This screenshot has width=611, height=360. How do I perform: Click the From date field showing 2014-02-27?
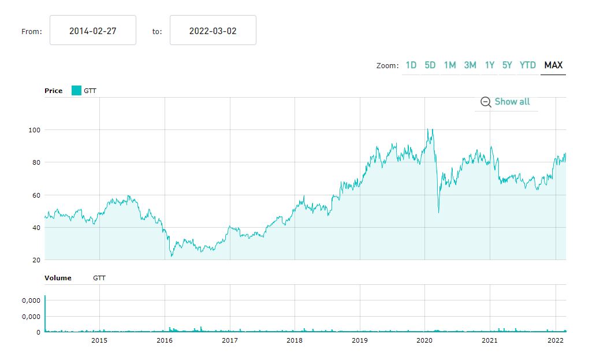point(93,31)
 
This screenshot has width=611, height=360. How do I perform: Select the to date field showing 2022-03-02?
point(213,31)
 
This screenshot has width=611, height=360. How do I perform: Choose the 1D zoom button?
point(411,65)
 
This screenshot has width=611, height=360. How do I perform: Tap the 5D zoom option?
point(430,65)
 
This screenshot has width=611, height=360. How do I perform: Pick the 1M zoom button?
point(450,65)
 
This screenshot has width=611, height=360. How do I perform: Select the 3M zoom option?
point(470,65)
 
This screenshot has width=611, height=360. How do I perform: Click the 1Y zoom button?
point(490,65)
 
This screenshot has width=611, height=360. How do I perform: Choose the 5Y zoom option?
point(507,65)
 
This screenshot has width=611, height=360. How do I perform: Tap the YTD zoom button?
point(528,65)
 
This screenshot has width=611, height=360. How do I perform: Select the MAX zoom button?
point(553,65)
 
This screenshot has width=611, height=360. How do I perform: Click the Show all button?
point(505,102)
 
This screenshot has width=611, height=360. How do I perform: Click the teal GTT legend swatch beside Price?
point(76,91)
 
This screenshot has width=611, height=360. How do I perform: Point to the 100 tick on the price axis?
point(34,130)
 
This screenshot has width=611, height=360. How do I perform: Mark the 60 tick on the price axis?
point(36,195)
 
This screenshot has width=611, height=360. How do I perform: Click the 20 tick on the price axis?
point(36,260)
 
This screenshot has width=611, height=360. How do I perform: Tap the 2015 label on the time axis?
point(99,340)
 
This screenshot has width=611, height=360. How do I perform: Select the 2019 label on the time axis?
point(360,340)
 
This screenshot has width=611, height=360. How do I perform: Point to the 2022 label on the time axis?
point(555,340)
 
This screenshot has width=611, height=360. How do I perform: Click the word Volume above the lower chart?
point(58,278)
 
